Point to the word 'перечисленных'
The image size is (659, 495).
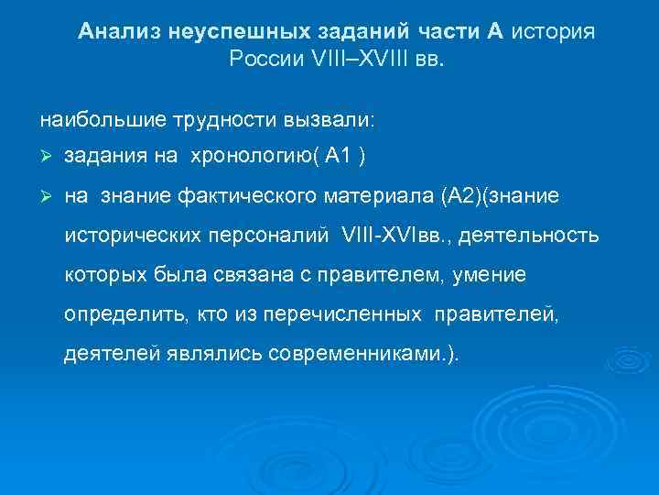[341, 314]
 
